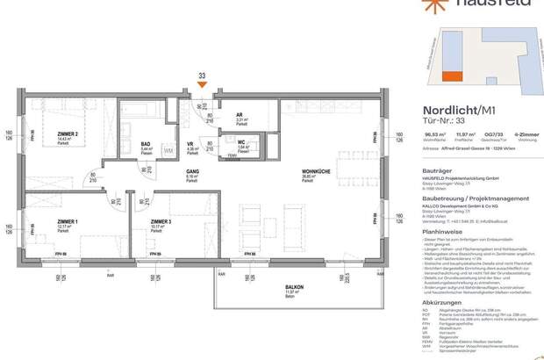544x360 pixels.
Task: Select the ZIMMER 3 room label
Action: point(161,221)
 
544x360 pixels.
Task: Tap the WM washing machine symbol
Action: point(168,151)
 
